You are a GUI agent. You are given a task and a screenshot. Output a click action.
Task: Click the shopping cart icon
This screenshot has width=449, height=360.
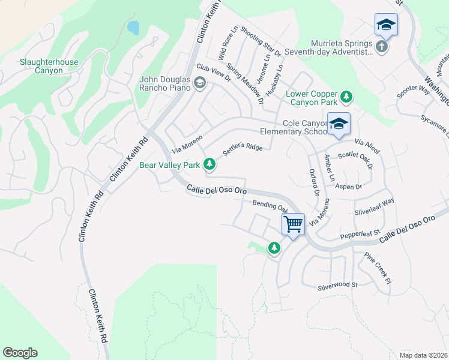(x=293, y=224)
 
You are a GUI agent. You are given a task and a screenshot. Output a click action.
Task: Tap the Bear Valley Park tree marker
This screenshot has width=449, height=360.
(x=209, y=163)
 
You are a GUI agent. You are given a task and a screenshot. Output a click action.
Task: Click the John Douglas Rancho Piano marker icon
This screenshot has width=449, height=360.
(x=200, y=83)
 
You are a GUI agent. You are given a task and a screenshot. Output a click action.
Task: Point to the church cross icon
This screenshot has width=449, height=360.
(x=381, y=46)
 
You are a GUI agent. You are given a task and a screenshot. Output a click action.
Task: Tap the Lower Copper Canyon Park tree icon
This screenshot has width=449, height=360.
(x=346, y=96)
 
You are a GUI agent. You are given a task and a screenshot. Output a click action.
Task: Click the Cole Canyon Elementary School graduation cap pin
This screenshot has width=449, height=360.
(x=339, y=124)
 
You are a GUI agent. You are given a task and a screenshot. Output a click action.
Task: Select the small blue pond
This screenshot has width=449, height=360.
(x=133, y=28)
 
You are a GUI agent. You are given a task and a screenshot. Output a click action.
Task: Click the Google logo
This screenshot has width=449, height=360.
(x=20, y=353)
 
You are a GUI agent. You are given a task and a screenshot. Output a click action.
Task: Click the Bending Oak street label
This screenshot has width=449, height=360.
(x=270, y=206)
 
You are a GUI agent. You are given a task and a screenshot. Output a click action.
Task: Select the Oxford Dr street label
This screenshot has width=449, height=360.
(x=313, y=182)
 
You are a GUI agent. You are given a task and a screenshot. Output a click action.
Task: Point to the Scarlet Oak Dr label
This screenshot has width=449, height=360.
(x=356, y=158)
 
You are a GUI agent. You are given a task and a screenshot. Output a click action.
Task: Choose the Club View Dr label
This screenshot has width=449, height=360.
(x=213, y=73)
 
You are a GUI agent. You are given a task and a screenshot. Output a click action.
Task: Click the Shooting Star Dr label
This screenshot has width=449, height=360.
(x=261, y=41)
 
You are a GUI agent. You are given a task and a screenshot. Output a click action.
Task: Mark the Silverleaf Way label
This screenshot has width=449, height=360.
(x=374, y=206)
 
